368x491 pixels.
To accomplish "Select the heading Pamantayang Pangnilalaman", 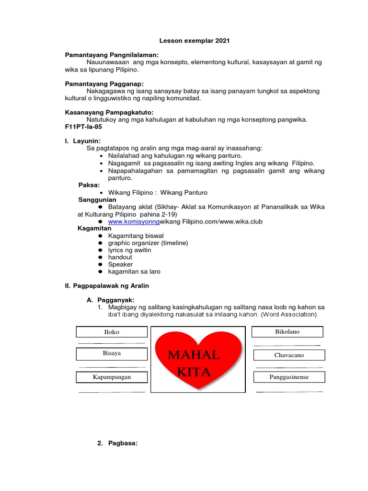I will coord(112,55).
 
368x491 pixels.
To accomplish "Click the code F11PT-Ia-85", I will coord(83,127).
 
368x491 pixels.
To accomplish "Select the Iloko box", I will coord(112,332).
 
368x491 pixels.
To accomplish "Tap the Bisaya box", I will coord(112,354).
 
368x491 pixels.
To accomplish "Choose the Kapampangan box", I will coord(112,377).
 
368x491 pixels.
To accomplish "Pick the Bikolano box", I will coord(287,331).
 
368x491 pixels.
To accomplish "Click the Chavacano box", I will coord(289,355).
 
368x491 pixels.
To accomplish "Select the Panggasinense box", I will coord(289,377).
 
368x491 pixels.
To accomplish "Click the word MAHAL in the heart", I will coord(195,355).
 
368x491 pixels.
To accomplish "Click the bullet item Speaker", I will coord(120,264).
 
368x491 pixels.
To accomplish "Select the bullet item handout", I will coord(120,257).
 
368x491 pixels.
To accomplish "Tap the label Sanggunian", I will coord(97,199).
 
